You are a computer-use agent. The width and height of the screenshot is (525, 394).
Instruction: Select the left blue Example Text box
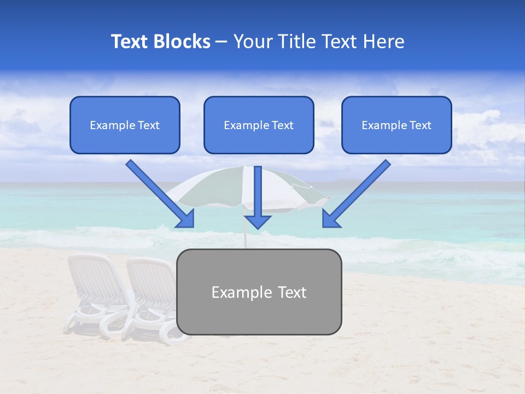tap(125, 125)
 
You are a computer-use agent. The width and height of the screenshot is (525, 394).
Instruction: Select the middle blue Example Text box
tap(259, 125)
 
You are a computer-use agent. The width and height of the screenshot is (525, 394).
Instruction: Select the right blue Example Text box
tap(396, 125)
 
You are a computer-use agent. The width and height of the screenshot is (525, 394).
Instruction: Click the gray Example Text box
tap(259, 292)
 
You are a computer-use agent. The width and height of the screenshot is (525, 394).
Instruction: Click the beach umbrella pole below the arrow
tap(246, 239)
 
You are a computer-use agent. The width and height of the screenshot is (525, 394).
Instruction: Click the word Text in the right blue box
tap(420, 125)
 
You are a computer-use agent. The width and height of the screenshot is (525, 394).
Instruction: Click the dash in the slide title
tap(221, 42)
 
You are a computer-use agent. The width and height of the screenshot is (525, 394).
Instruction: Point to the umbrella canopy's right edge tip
tap(330, 198)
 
